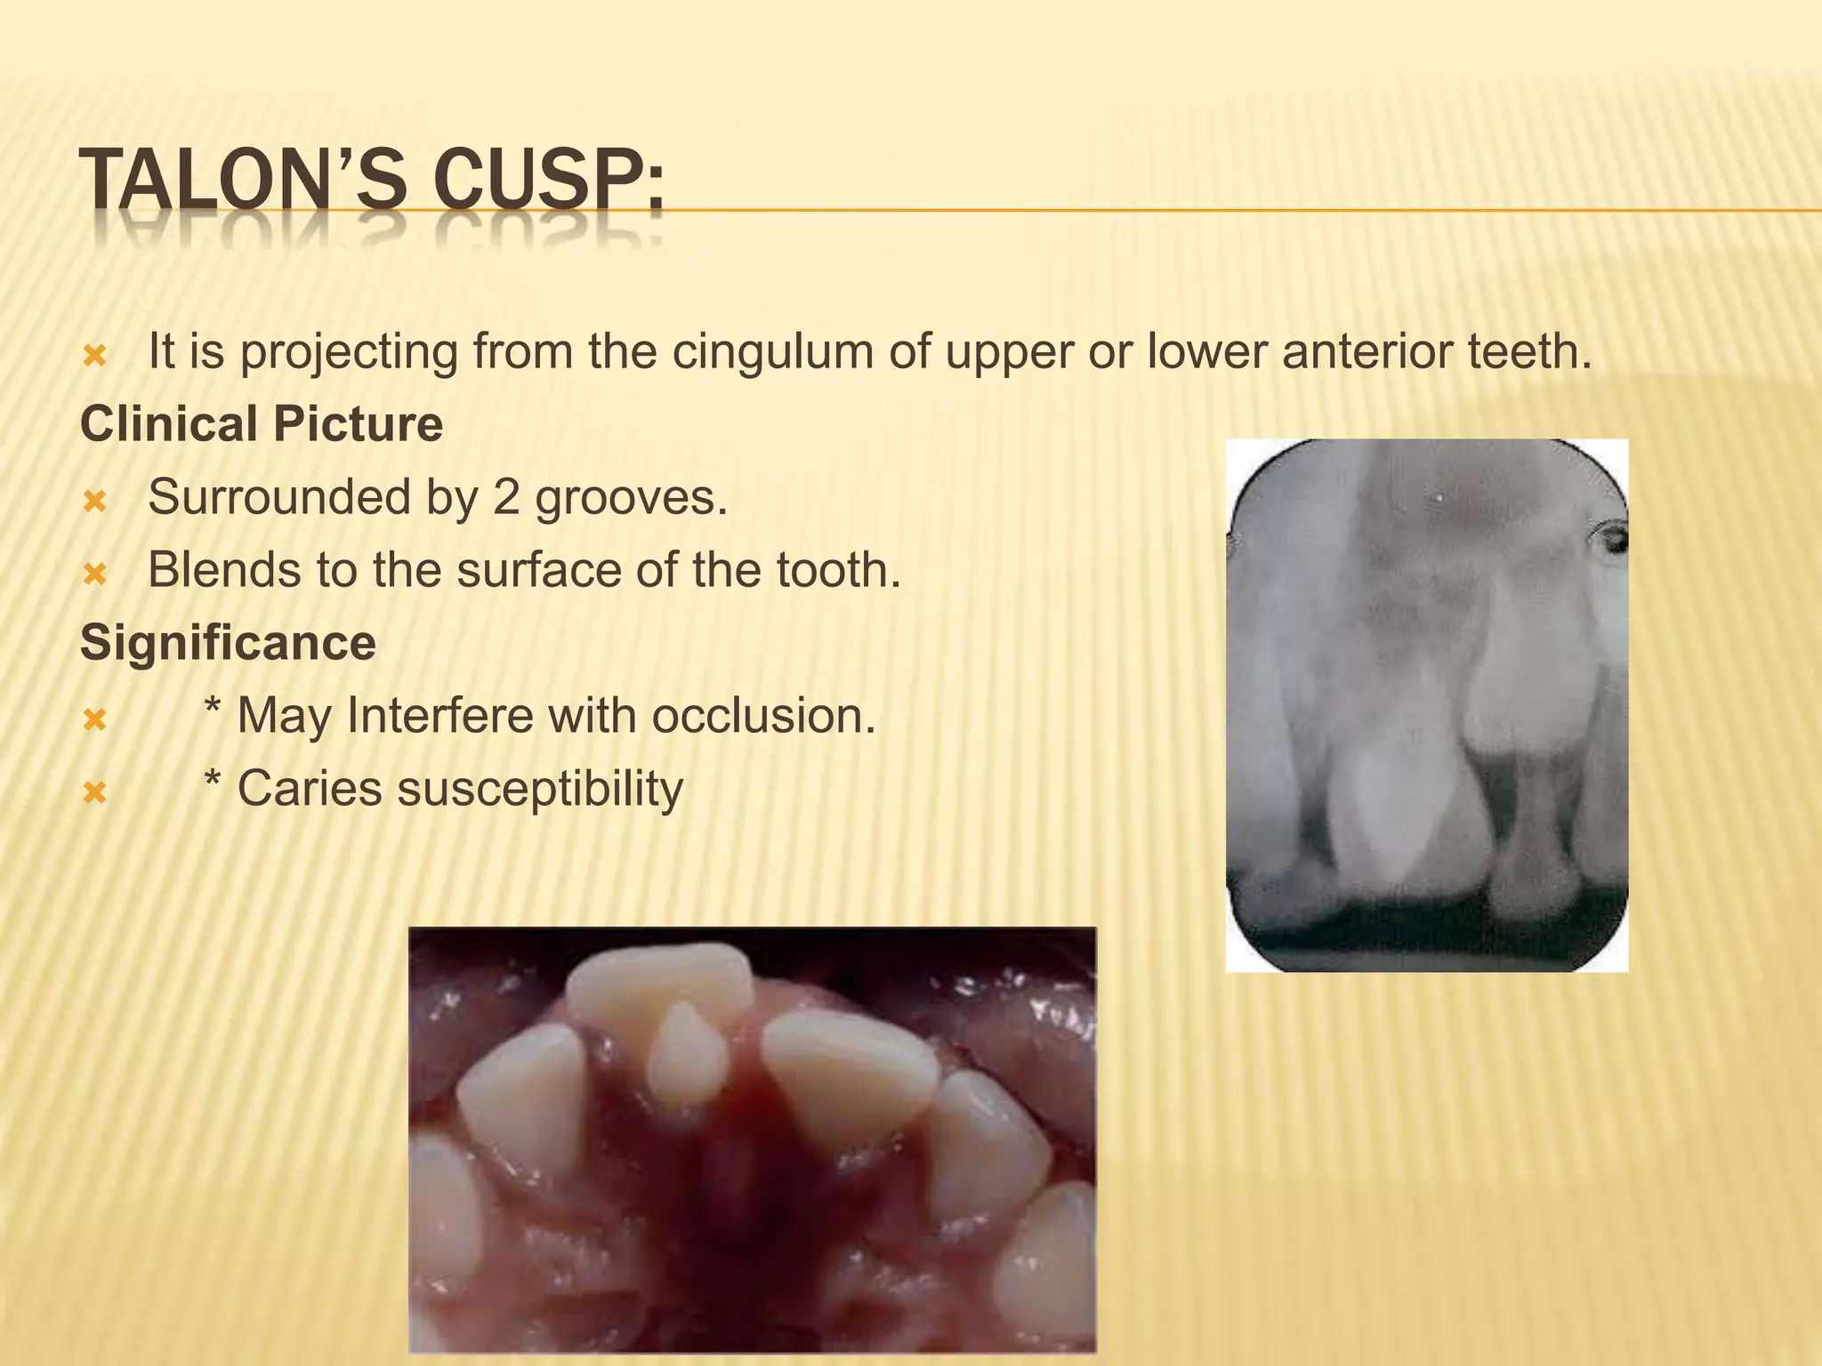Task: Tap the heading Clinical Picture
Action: (x=262, y=424)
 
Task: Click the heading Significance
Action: (x=228, y=643)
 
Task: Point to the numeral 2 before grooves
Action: (x=505, y=497)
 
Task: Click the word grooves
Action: (x=631, y=497)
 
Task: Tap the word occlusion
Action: (x=762, y=716)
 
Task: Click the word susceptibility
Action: (x=540, y=789)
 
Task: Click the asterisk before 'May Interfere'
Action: (x=212, y=710)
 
